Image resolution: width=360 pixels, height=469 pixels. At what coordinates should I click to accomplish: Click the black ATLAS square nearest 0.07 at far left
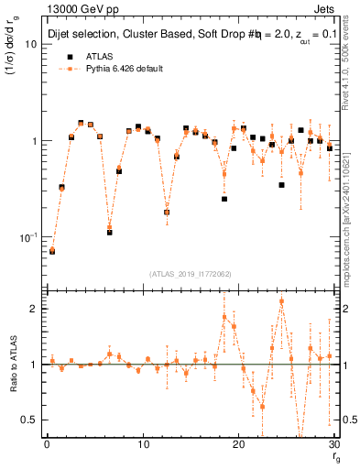click(x=52, y=250)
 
